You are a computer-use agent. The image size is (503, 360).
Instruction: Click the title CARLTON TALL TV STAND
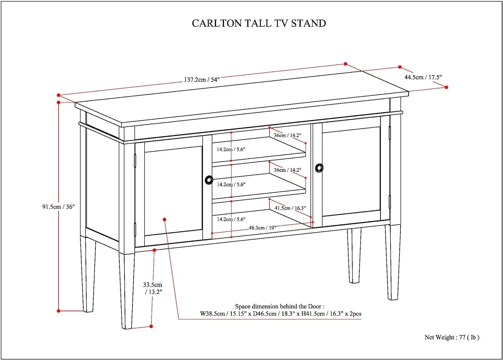[x=259, y=23]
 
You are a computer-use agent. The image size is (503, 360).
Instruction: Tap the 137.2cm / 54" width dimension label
[x=202, y=80]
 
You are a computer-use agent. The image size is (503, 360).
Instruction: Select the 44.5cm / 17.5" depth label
[x=423, y=77]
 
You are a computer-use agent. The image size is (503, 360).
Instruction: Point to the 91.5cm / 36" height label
[x=58, y=207]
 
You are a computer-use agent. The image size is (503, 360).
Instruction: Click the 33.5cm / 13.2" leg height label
[x=153, y=288]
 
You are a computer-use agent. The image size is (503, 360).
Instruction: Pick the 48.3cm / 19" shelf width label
[x=262, y=228]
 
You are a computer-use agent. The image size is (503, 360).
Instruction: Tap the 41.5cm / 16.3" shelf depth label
[x=290, y=208]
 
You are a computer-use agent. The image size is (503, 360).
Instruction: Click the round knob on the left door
[x=209, y=180]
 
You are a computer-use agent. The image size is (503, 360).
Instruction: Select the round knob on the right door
[x=319, y=168]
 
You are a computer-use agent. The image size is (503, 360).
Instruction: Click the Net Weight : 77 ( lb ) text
[x=452, y=337]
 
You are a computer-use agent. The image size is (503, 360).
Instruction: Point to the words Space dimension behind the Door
[x=279, y=306]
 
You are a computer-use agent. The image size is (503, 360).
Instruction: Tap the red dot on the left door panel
[x=165, y=220]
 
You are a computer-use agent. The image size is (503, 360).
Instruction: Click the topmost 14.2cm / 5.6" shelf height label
[x=231, y=149]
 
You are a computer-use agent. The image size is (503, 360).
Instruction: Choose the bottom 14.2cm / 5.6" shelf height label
[x=231, y=219]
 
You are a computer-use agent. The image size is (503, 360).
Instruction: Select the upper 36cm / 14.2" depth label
[x=287, y=135]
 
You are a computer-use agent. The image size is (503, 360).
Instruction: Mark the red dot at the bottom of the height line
[x=59, y=311]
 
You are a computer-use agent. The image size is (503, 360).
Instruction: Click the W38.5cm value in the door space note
[x=212, y=314]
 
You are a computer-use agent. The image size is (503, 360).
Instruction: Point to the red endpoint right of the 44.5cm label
[x=446, y=87]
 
